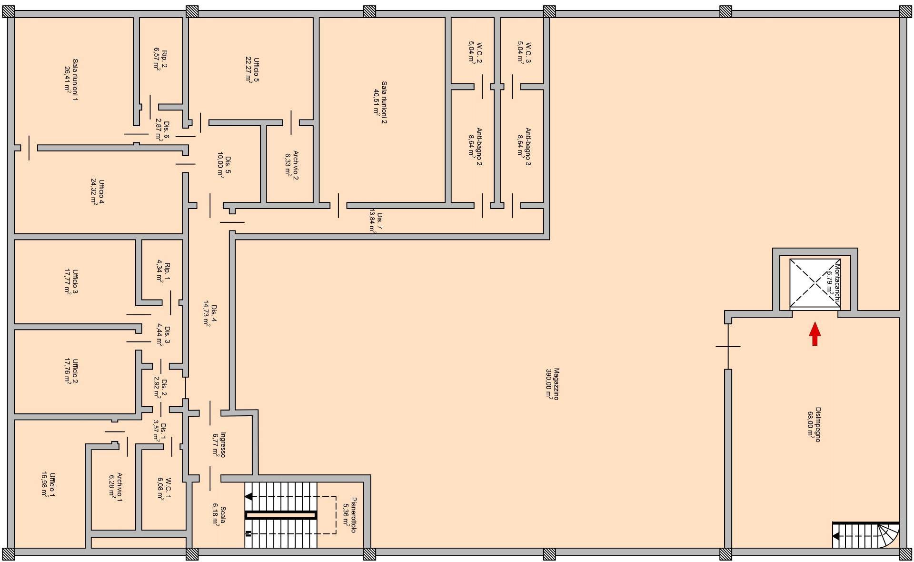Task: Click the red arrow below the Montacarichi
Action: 815,333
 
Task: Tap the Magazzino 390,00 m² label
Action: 553,383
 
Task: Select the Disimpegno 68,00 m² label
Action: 814,424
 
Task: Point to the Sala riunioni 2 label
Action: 380,102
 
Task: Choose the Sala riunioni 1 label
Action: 71,80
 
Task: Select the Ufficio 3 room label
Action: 71,281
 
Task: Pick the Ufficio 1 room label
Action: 49,485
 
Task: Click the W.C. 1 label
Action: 165,489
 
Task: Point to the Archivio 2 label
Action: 292,165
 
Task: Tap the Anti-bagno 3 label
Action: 524,146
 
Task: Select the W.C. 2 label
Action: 475,52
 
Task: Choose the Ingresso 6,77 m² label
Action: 219,444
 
